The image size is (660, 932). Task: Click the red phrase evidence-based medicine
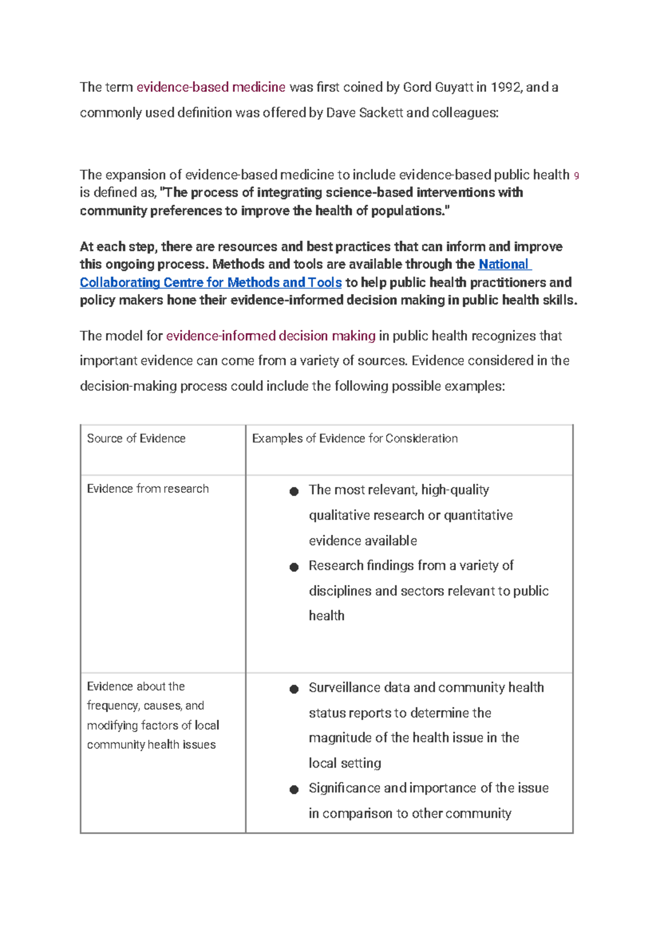coord(211,87)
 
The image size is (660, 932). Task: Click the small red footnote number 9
coord(576,176)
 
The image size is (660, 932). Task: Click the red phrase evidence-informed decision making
coord(271,336)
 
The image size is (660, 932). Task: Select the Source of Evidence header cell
coord(136,439)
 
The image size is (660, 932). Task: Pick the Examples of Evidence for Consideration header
coord(355,439)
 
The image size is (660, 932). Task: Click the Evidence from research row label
coord(147,489)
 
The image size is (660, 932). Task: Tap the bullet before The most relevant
coord(294,491)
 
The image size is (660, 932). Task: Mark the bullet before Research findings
coord(294,567)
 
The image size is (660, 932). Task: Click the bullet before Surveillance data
coord(294,689)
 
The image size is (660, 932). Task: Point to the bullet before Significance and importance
coord(294,790)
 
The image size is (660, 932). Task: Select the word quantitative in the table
coord(478,515)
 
